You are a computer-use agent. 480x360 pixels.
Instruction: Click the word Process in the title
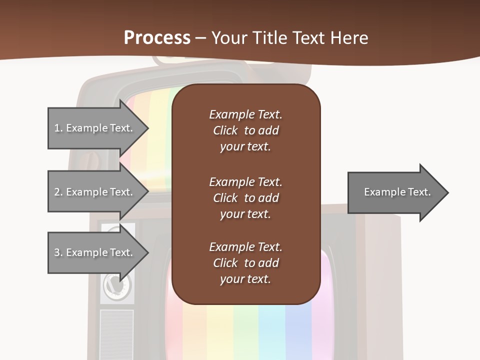[x=157, y=38]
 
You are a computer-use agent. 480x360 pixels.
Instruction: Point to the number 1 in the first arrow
[x=57, y=128]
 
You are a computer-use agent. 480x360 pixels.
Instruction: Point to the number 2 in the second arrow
[x=57, y=192]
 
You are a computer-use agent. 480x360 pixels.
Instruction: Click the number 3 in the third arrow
[x=57, y=253]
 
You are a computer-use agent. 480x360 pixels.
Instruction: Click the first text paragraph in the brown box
[x=245, y=130]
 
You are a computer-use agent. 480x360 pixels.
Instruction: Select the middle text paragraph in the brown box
[x=245, y=198]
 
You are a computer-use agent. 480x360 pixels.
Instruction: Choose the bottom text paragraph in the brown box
[x=245, y=263]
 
